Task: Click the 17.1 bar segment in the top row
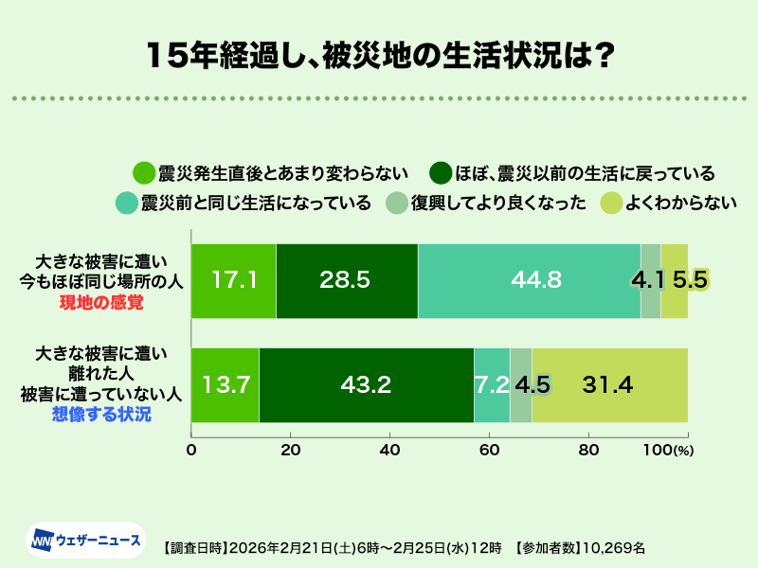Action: tap(233, 280)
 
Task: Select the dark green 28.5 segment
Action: tap(346, 280)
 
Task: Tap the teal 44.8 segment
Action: tap(529, 280)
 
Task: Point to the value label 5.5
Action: tap(690, 280)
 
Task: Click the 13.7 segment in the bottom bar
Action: tap(226, 384)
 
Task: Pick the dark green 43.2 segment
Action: tap(366, 384)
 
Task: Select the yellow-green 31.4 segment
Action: tap(609, 384)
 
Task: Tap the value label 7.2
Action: tap(492, 384)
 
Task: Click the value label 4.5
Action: tap(532, 384)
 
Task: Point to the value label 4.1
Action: tap(650, 280)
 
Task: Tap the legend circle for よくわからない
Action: tap(611, 203)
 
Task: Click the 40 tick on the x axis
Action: tap(390, 450)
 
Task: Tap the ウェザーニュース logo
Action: tap(85, 541)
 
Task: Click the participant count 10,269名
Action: tap(613, 547)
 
